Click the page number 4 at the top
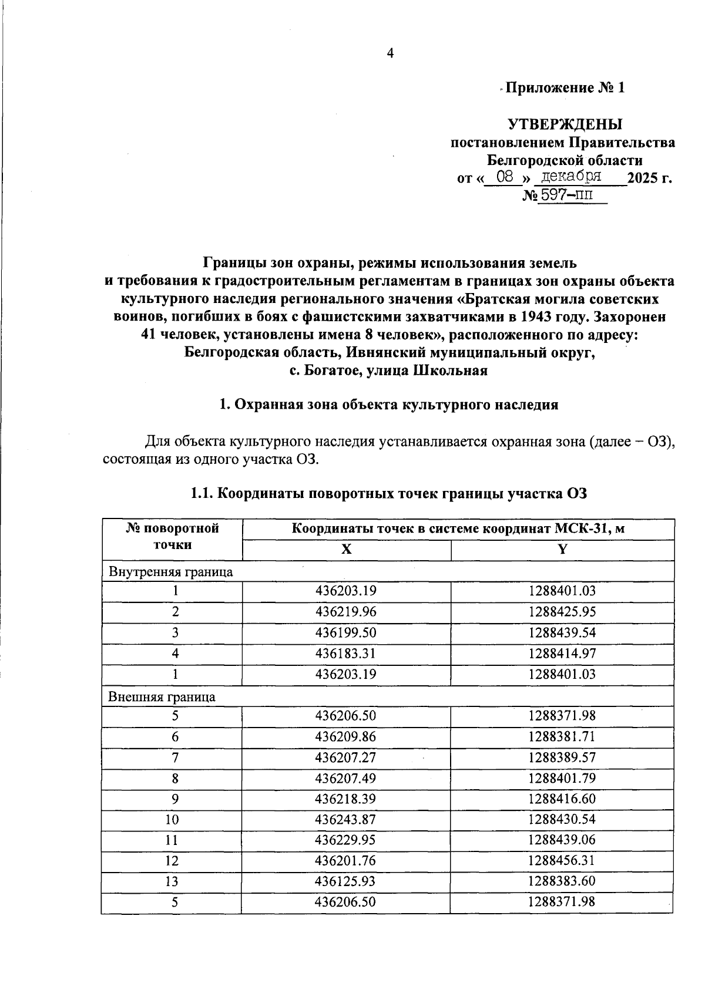click(x=390, y=53)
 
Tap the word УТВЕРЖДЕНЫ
click(x=565, y=124)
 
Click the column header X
click(x=347, y=550)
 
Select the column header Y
click(x=562, y=550)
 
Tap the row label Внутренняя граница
click(x=170, y=571)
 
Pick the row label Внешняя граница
click(x=162, y=697)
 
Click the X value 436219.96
click(x=345, y=612)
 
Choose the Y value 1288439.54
click(x=562, y=632)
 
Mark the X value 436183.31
click(x=345, y=654)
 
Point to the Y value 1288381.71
click(x=562, y=736)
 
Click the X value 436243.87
click(x=345, y=819)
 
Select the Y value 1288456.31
click(x=562, y=861)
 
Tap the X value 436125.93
click(x=345, y=881)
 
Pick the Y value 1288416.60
click(x=562, y=799)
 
